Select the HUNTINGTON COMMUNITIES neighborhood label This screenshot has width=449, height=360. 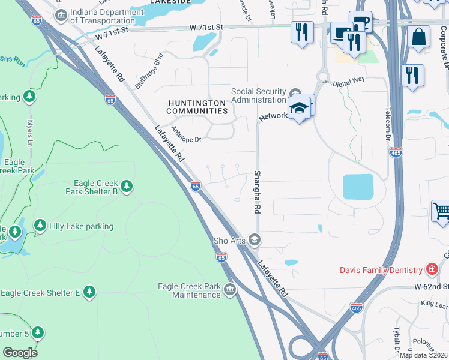coord(197,107)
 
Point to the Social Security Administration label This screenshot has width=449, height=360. coord(258,95)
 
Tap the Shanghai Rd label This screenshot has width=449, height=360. coord(257,191)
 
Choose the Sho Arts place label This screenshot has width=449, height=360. coord(230,241)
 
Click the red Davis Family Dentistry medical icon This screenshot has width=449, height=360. coord(431,268)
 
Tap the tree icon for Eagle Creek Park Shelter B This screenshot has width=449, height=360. coord(127,187)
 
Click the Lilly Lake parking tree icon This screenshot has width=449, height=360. coord(40,226)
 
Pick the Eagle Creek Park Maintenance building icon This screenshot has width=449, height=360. coord(229,291)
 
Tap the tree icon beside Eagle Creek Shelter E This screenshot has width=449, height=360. coord(89,292)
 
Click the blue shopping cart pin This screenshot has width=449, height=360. coord(441,212)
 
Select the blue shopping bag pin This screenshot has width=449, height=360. coord(418,37)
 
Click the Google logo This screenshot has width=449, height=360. coord(20,352)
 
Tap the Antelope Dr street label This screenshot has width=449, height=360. coord(185,134)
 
